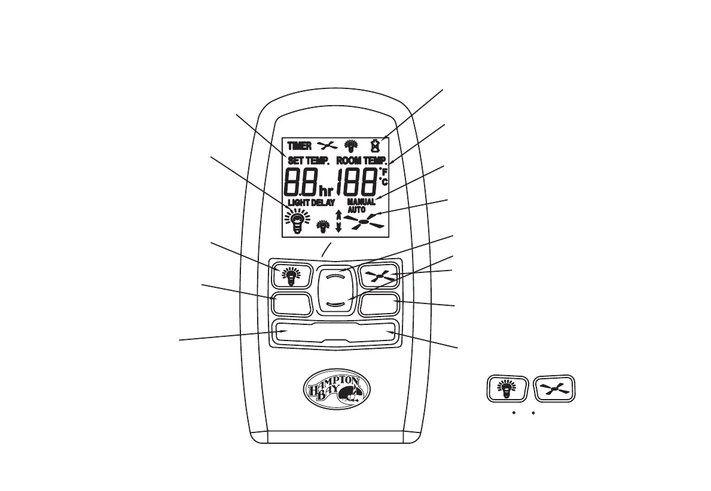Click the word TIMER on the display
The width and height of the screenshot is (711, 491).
click(x=299, y=145)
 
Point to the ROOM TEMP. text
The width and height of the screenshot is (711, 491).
click(x=362, y=161)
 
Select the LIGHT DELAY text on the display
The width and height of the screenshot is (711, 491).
click(x=311, y=202)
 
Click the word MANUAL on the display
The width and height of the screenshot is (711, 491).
click(x=361, y=202)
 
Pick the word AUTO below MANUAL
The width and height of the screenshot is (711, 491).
click(x=356, y=210)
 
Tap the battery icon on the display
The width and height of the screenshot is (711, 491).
click(x=376, y=144)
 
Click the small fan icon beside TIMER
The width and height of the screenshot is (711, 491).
click(x=328, y=145)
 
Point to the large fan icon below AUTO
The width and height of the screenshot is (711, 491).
click(x=364, y=222)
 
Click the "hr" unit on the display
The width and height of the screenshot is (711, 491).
click(x=326, y=191)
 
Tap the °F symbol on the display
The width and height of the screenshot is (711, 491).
click(x=384, y=172)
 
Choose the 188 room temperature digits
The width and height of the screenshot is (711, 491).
click(x=357, y=180)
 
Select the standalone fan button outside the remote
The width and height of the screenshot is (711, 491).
click(x=554, y=389)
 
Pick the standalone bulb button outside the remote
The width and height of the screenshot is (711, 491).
click(x=507, y=389)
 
